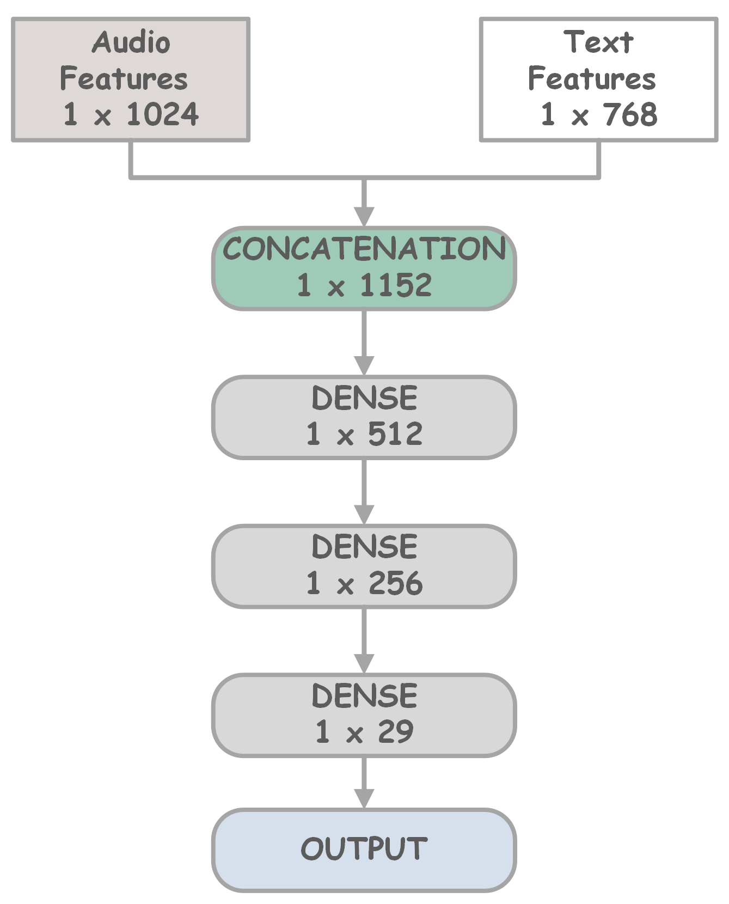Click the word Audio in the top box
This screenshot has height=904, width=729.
tap(131, 42)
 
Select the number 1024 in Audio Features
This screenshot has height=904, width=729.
tap(163, 114)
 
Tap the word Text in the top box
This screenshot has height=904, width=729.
tap(598, 42)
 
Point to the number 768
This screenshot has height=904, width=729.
tap(630, 114)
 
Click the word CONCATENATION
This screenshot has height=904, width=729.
tap(364, 249)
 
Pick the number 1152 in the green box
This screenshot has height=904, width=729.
tap(396, 285)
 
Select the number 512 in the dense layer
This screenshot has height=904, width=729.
tap(395, 434)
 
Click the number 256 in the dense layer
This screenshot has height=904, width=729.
tap(395, 583)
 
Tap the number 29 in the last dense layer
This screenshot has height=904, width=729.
tap(395, 731)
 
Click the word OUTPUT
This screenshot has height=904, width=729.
tap(364, 848)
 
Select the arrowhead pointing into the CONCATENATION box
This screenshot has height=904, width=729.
tap(364, 216)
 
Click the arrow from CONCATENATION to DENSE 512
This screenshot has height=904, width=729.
tap(364, 343)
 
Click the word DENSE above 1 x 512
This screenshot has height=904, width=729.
tap(364, 398)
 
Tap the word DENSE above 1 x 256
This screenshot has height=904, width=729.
tap(364, 547)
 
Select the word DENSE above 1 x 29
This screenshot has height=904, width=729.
tap(364, 696)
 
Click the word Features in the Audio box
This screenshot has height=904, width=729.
tap(124, 78)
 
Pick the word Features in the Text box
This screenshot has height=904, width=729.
tap(592, 78)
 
